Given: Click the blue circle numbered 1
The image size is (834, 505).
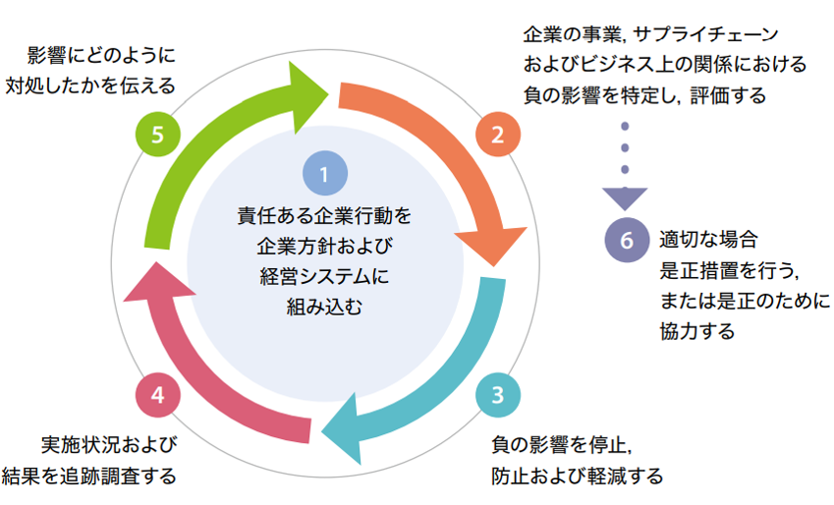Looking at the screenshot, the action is tap(325, 174).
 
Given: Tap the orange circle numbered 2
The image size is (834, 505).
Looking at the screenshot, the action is tap(498, 135).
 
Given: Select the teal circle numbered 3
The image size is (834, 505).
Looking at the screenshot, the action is tap(498, 395).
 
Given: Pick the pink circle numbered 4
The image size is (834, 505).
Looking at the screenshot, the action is tap(158, 395).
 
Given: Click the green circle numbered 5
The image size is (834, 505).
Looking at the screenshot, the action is tap(158, 135).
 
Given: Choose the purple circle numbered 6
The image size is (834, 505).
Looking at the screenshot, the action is tap(627, 240).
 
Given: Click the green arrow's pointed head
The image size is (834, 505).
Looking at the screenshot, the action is tap(328, 94).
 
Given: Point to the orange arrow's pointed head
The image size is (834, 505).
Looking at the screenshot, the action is tap(494, 265).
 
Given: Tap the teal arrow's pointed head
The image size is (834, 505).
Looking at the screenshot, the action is tap(322, 431).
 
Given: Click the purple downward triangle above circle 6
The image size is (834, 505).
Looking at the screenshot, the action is tap(625, 199).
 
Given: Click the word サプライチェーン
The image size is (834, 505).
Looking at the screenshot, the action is tap(706, 35).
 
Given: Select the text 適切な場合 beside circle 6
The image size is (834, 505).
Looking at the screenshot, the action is tap(708, 240).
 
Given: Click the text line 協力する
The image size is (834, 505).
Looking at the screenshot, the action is tap(697, 331).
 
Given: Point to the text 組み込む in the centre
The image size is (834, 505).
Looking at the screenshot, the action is tap(324, 307).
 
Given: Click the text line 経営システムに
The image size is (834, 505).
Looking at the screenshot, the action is tap(324, 276).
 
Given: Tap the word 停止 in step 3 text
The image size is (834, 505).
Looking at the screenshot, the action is tap(608, 445).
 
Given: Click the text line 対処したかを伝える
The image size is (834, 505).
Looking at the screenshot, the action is tap(90, 85).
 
